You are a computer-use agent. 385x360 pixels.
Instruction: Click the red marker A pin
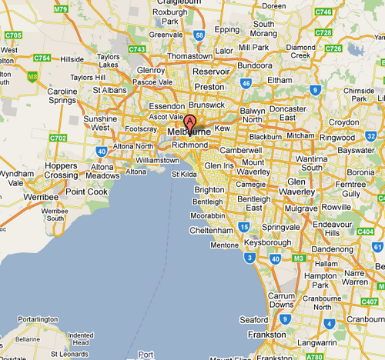coord(189,122)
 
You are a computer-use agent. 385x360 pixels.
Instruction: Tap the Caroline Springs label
coord(62,96)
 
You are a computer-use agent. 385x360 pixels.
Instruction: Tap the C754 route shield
coord(42,58)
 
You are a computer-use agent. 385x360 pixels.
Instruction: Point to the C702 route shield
coord(58,138)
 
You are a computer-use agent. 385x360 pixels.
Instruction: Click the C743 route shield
coord(138,48)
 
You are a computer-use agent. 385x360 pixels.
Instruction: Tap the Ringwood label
coord(337,138)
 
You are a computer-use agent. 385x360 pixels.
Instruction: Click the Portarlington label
coord(38,318)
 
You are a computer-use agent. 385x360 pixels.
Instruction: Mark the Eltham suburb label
coord(280,79)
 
